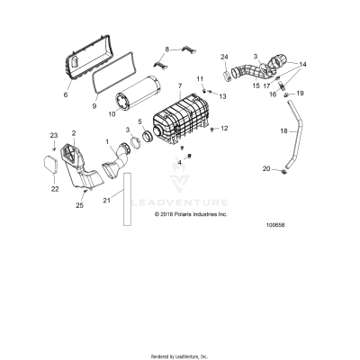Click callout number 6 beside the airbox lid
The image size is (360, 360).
point(65,93)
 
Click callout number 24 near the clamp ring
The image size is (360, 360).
point(225,57)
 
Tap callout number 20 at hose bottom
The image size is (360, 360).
point(266,169)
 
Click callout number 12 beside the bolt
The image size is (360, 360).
point(225,129)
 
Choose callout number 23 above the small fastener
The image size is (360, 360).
point(52,136)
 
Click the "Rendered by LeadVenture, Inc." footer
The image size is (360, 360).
point(180,355)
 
